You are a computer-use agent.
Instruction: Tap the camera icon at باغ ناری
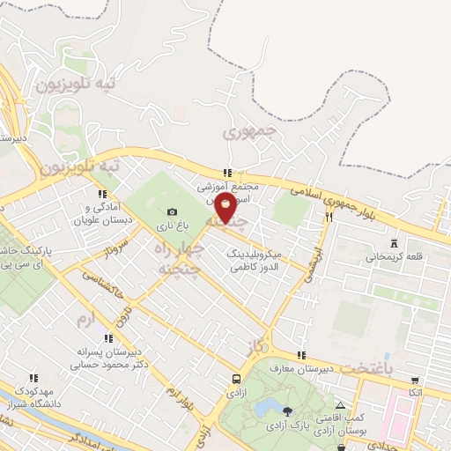(x=172, y=211)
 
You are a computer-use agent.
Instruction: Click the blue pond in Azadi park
(x=263, y=408)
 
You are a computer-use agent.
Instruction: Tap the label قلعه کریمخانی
(x=394, y=256)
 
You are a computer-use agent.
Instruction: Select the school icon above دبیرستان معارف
(x=301, y=356)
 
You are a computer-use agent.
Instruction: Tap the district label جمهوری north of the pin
(x=248, y=135)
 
